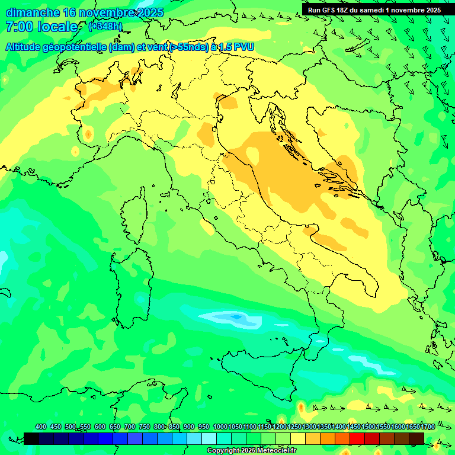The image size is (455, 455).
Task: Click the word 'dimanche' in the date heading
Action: coord(33,12)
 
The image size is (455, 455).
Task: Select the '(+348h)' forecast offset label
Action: coord(105,27)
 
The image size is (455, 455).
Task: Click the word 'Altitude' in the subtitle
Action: coord(27,47)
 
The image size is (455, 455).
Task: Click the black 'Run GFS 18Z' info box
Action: coord(373,10)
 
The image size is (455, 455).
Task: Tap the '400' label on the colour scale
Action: coord(41,427)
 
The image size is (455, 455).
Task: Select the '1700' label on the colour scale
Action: coord(428,427)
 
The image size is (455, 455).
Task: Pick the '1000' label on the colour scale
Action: coord(220,427)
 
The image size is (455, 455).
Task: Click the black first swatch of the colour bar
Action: coord(31,438)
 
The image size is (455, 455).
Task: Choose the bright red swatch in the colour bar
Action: coord(357,438)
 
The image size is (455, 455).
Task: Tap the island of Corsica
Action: coord(134,216)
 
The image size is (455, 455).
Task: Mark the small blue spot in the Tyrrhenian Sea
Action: coord(236,318)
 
